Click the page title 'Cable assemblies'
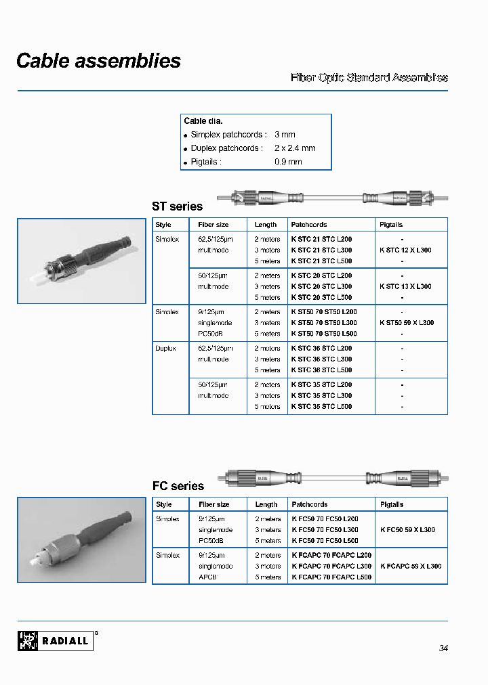[98, 61]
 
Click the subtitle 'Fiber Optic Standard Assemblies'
[369, 78]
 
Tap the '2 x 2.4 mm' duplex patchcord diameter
[295, 148]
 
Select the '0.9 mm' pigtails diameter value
[288, 162]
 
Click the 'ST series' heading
[177, 206]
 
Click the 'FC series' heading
[178, 486]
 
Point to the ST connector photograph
[81, 261]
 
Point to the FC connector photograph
[81, 539]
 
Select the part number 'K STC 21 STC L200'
[321, 240]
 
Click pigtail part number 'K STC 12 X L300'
[405, 250]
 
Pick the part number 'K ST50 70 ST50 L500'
[323, 334]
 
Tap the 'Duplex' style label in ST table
[166, 349]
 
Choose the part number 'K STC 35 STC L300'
[321, 396]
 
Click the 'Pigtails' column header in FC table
[392, 504]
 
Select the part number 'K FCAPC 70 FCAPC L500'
[331, 577]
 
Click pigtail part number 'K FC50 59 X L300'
[407, 530]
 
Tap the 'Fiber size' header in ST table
[213, 225]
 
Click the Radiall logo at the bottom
[55, 640]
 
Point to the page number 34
[443, 648]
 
